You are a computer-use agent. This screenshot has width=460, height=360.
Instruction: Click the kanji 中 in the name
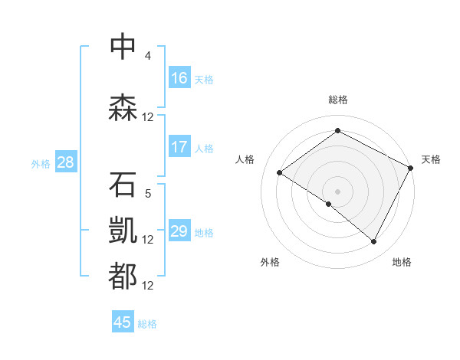pos(123,46)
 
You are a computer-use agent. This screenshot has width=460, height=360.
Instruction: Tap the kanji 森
pos(123,106)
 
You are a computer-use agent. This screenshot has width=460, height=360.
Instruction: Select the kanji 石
pos(123,185)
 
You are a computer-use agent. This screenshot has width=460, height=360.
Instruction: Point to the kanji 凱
pos(123,231)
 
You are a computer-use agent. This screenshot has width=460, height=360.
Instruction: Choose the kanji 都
pos(123,277)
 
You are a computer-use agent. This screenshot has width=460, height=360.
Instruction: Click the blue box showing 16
pos(179,78)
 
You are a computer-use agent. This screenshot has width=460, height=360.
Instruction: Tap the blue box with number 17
pos(179,147)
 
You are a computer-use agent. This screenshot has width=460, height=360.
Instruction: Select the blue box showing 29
pos(179,231)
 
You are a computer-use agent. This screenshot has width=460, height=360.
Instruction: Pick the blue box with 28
pos(65,162)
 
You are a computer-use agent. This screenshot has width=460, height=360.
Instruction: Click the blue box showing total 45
pos(123,322)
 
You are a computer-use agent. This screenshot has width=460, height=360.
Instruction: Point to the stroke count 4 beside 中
pos(148,56)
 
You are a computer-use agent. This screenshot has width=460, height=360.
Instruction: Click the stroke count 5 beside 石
pos(148,194)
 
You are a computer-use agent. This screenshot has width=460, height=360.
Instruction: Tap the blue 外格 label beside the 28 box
pos(41,163)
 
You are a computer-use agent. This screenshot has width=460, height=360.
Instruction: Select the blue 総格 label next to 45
pos(148,323)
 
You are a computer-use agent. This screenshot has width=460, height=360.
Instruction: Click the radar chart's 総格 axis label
pos(337,100)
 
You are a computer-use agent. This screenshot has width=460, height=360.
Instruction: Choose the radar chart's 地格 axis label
pos(402,262)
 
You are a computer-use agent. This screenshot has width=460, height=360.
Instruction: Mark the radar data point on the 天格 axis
pos(412,168)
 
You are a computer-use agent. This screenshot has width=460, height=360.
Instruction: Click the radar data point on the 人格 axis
pos(280,173)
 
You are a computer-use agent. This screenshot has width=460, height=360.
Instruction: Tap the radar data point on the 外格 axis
pos(329,204)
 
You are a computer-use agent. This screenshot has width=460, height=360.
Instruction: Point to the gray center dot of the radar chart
pos(337,191)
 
